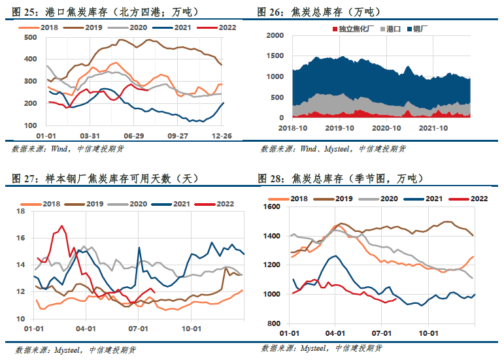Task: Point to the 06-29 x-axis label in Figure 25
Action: [x=133, y=135]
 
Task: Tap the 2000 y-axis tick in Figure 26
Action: [x=274, y=35]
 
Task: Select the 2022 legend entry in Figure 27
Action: [x=219, y=204]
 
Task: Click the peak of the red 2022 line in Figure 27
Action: [x=62, y=226]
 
